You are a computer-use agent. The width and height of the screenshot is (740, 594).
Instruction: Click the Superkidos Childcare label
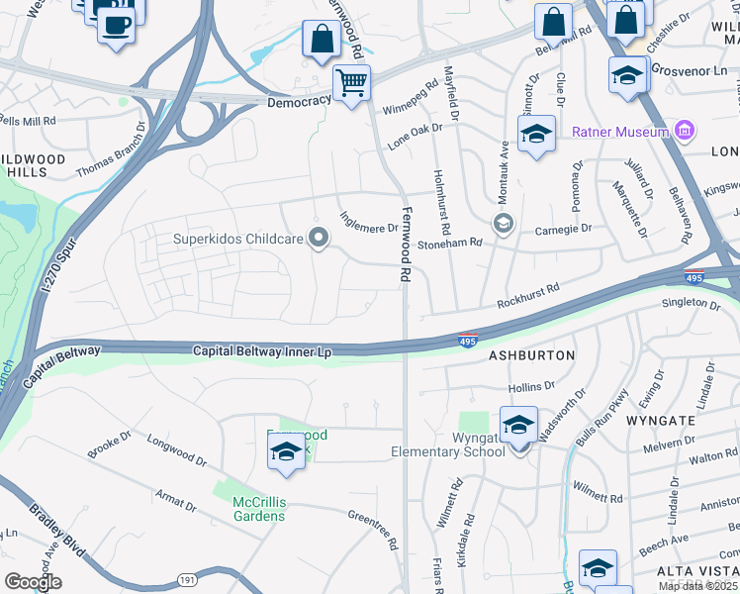(237, 238)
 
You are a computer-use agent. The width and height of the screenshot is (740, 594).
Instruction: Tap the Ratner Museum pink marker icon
(684, 130)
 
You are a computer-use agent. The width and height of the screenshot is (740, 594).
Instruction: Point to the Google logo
(33, 582)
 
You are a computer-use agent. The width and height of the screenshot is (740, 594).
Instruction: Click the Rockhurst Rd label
(528, 294)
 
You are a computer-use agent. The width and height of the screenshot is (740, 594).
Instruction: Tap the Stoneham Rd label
(449, 243)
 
